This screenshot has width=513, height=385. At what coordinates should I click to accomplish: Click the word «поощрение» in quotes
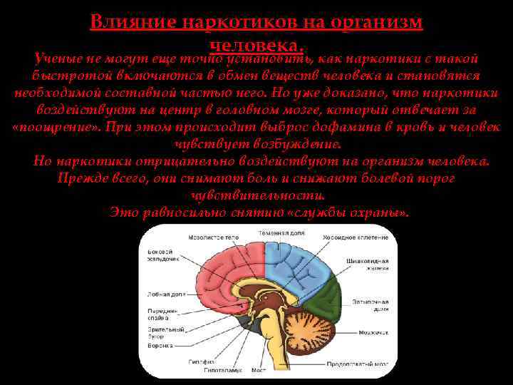tap(56, 127)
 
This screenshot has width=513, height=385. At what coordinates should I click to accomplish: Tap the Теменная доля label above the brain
tap(281, 233)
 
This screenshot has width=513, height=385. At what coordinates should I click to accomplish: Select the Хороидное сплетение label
tap(356, 237)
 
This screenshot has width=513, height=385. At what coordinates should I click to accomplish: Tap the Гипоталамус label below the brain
tap(219, 371)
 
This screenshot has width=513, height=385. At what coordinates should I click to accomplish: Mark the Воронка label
tap(160, 345)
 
